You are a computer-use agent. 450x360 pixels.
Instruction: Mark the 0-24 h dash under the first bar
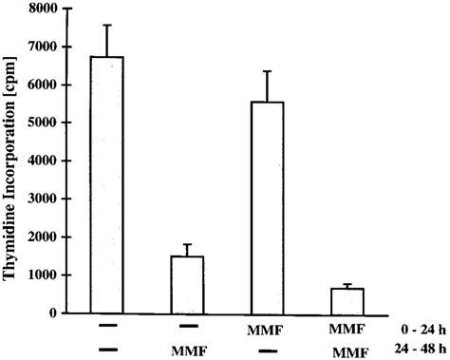click(x=106, y=327)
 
